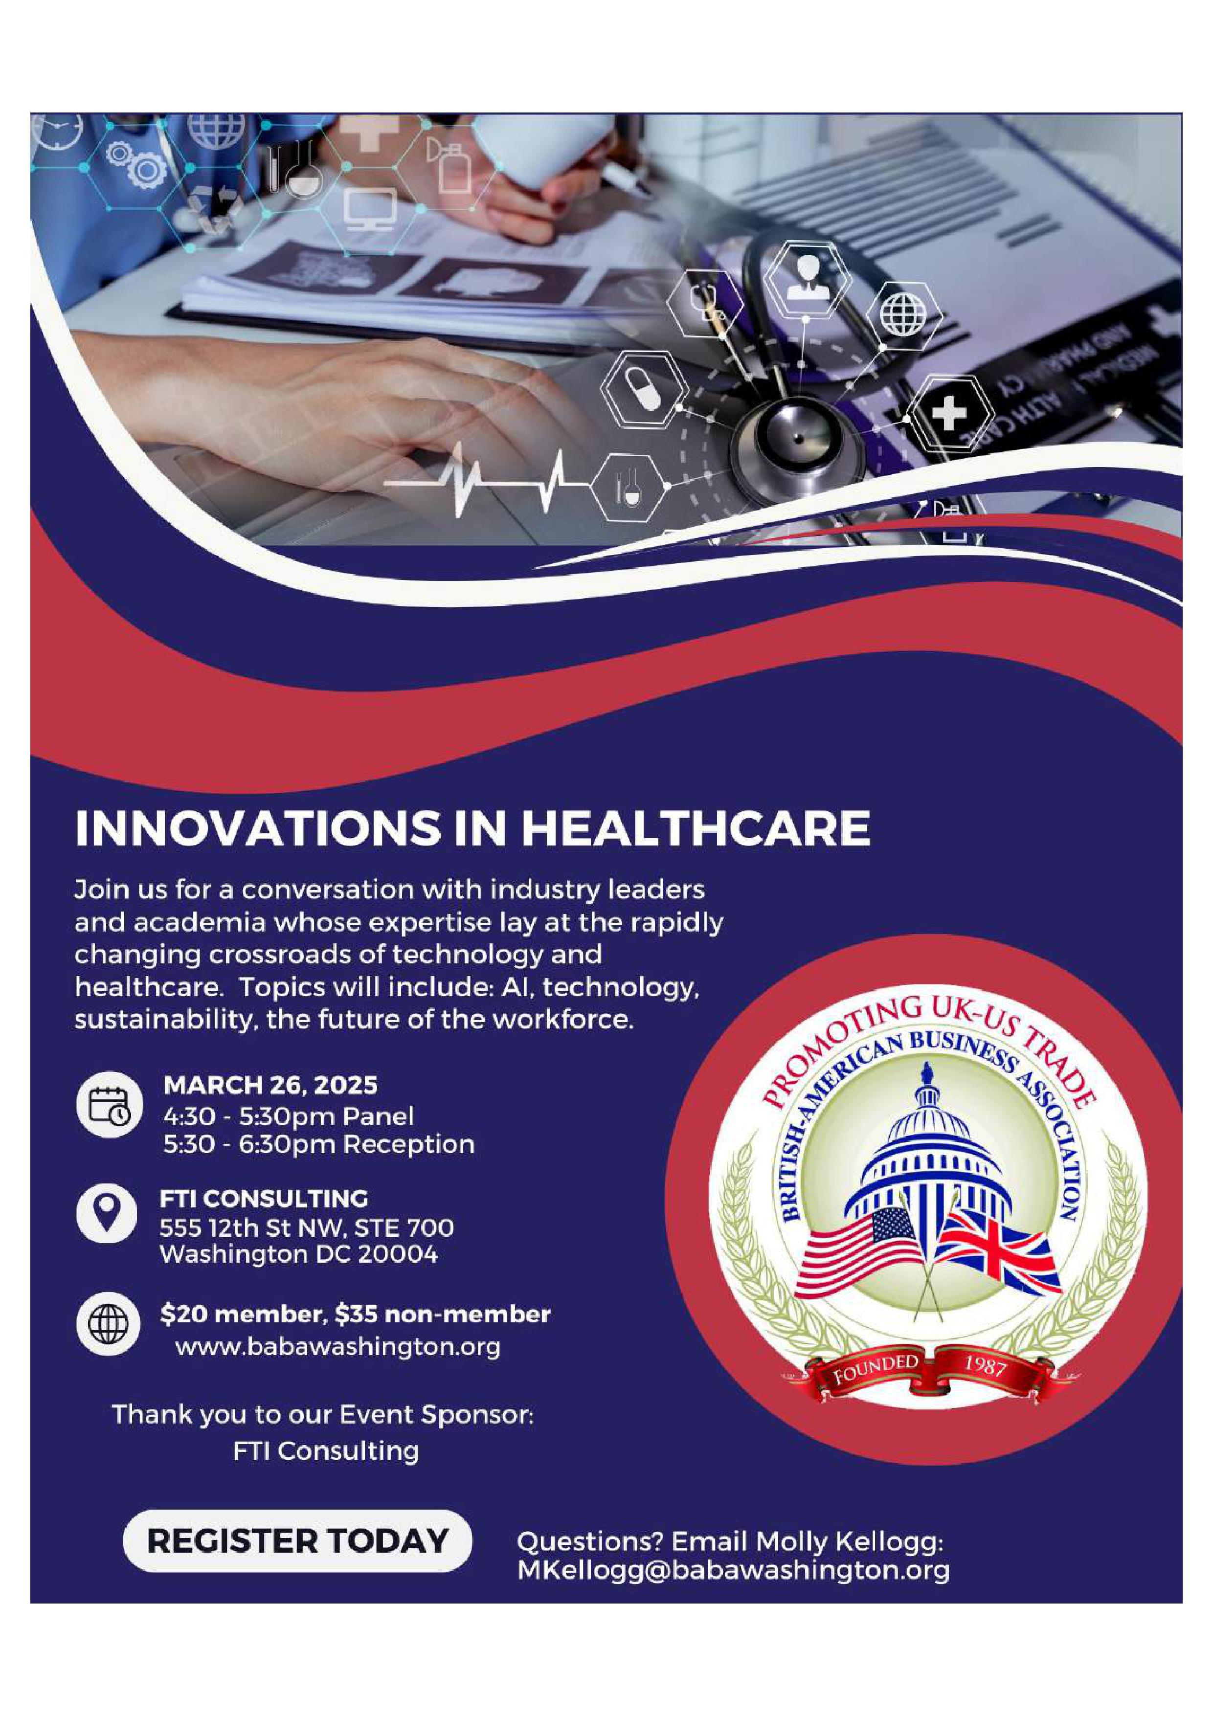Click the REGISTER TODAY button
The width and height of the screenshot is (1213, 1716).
coord(297,1540)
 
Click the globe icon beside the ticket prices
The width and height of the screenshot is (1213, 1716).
coord(107,1325)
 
